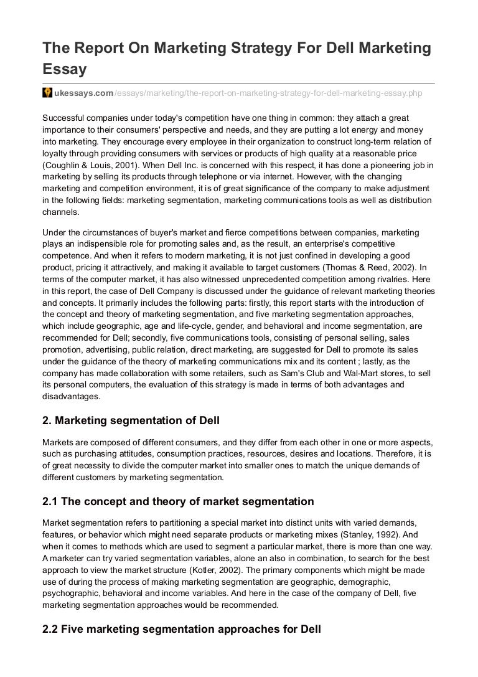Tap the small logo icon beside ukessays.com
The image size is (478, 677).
coord(47,93)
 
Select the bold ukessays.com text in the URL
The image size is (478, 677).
coord(84,93)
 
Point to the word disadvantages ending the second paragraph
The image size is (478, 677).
coord(71,396)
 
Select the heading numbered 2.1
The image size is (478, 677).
coord(178,501)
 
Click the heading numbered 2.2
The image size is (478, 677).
coord(182,629)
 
